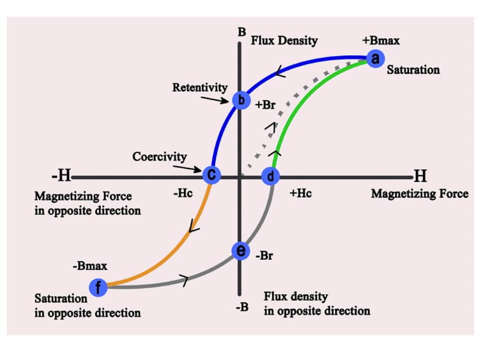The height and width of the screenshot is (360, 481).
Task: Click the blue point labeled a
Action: pos(375,58)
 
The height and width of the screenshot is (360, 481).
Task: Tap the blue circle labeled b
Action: pos(240,100)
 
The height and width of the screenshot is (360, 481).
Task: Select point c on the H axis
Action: pos(212,175)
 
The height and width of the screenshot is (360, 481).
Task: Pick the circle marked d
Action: pos(271,176)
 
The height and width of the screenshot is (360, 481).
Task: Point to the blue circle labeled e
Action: pos(240,251)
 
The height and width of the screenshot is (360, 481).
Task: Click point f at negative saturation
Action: pos(98,288)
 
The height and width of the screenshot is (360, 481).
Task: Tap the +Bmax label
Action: pos(381,41)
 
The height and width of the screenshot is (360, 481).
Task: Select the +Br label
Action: pos(265,103)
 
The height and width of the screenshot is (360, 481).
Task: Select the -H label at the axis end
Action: pos(61,176)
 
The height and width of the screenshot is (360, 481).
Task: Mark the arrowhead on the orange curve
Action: pos(194,227)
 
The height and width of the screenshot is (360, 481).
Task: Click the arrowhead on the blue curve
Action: pos(280,73)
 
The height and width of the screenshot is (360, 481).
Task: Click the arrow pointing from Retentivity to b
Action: pos(218,98)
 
